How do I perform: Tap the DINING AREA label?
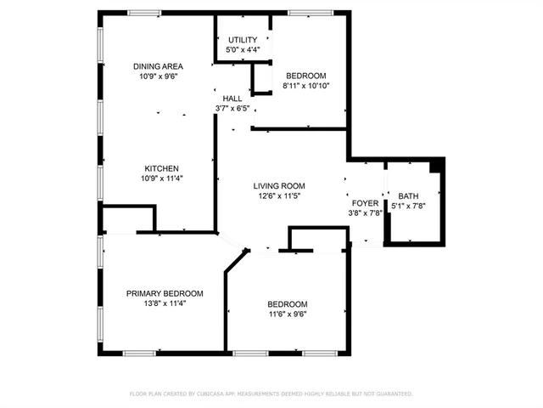[x=159, y=66]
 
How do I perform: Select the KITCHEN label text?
[x=161, y=168]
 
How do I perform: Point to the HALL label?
[x=232, y=99]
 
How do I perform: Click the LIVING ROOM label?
[x=279, y=185]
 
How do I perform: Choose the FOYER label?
[x=364, y=204]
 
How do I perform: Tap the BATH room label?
[x=408, y=196]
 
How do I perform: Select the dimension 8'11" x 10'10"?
[x=306, y=85]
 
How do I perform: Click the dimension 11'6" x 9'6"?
[x=288, y=314]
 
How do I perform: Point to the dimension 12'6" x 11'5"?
[x=279, y=195]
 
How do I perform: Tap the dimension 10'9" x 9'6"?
[x=159, y=76]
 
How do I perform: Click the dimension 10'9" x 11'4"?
[x=161, y=178]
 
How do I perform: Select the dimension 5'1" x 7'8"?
[x=408, y=206]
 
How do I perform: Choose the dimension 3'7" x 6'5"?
[x=232, y=109]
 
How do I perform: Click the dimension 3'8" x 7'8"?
[x=364, y=213]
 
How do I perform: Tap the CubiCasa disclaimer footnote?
[x=271, y=394]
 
